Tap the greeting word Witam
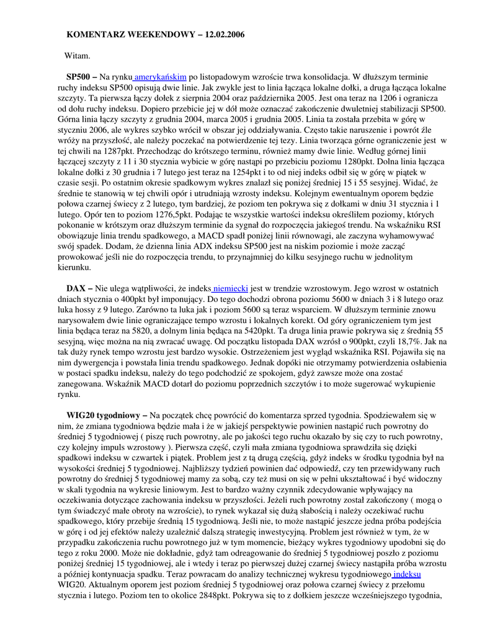78,56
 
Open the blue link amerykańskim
161,77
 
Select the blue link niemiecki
231,288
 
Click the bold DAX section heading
76,288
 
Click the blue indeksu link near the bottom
407,575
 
